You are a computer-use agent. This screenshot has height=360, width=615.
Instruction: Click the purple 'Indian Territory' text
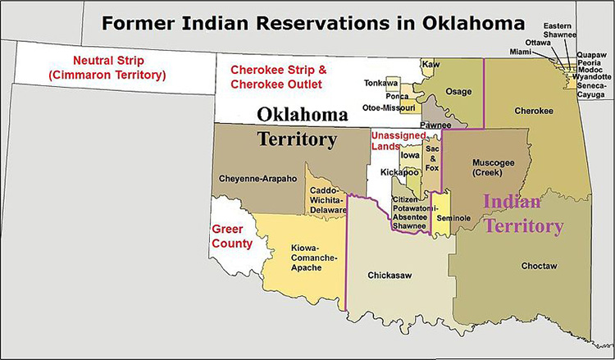(x=523, y=212)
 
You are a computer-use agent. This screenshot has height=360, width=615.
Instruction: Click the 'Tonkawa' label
(x=380, y=82)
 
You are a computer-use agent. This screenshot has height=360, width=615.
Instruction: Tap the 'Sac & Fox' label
(x=433, y=158)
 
